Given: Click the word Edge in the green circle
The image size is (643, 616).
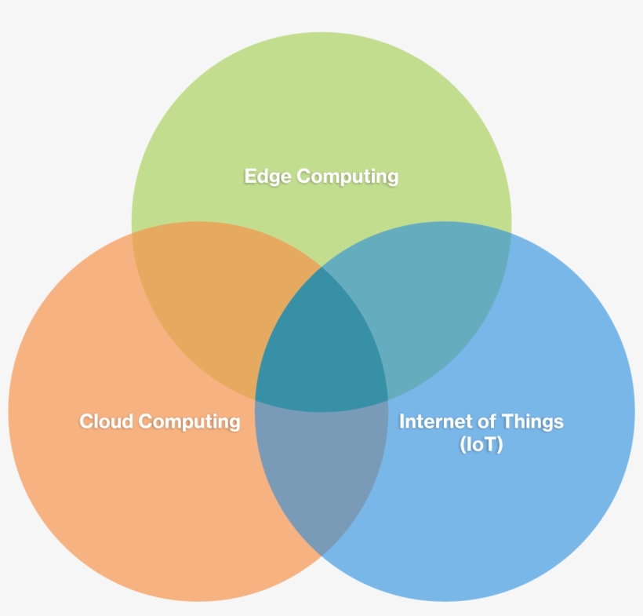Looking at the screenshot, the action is pyautogui.click(x=267, y=177).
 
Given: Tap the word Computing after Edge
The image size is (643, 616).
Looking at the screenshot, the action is pyautogui.click(x=347, y=177).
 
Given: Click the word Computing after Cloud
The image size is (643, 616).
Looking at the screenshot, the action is pyautogui.click(x=189, y=422).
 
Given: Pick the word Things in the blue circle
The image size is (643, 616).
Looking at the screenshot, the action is pyautogui.click(x=532, y=422).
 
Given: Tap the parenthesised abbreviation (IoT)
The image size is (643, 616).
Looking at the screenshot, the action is pyautogui.click(x=481, y=444).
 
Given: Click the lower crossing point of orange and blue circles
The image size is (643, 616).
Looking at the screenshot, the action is pyautogui.click(x=321, y=556).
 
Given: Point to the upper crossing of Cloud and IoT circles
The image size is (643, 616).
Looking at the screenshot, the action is pyautogui.click(x=321, y=267).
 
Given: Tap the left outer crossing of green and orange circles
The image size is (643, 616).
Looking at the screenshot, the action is pyautogui.click(x=132, y=233).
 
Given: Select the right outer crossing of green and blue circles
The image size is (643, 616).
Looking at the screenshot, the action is pyautogui.click(x=511, y=233).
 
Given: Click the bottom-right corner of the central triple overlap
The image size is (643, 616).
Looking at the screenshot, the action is pyautogui.click(x=388, y=400).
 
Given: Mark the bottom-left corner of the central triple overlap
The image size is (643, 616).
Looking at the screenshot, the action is pyautogui.click(x=255, y=400).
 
